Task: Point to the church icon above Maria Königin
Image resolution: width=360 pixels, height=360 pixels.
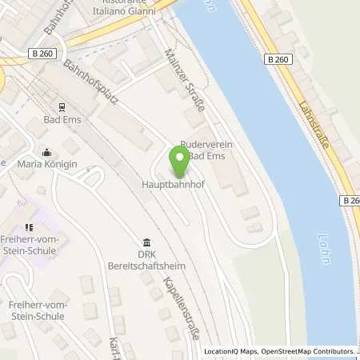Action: (46, 152)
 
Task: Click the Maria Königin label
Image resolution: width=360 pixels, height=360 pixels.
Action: (46, 165)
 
